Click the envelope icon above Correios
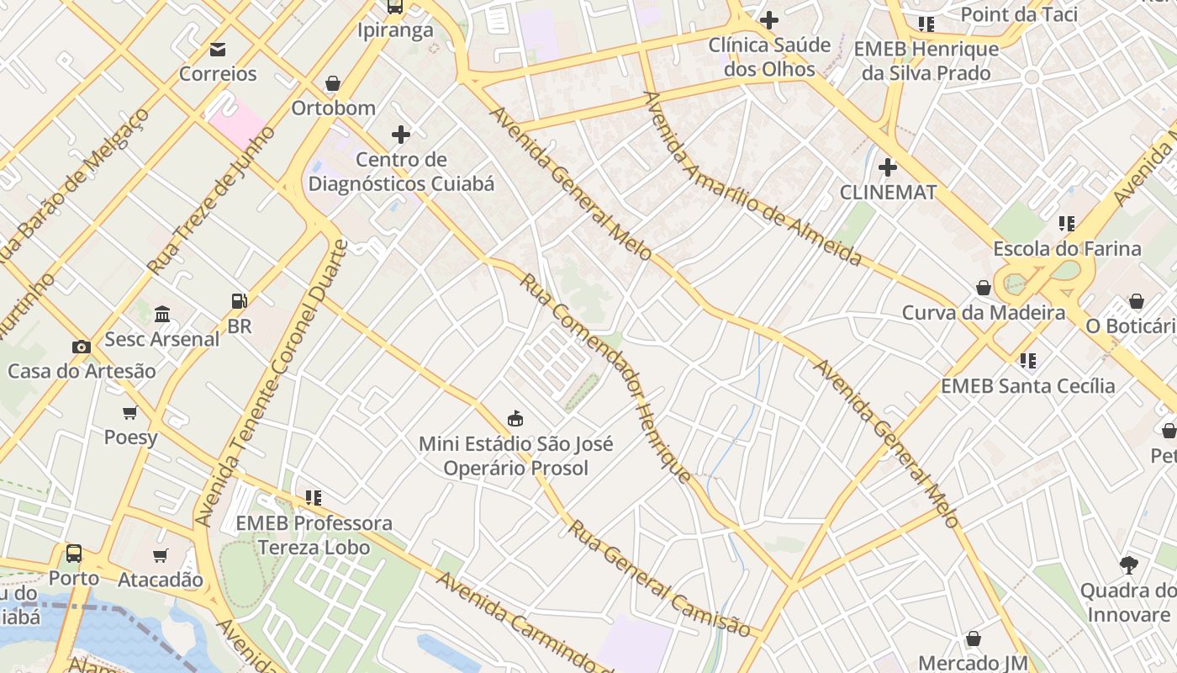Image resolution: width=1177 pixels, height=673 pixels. pyautogui.click(x=218, y=49)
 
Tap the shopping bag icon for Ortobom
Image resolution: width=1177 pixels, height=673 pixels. pyautogui.click(x=333, y=83)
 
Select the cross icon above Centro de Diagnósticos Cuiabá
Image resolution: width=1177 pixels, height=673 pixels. pyautogui.click(x=401, y=134)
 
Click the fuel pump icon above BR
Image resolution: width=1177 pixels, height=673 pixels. pyautogui.click(x=240, y=300)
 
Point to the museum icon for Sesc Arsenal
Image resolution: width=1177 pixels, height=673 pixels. pyautogui.click(x=162, y=314)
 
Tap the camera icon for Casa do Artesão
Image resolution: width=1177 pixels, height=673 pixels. pyautogui.click(x=82, y=346)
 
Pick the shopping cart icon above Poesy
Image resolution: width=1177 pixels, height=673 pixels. pyautogui.click(x=130, y=412)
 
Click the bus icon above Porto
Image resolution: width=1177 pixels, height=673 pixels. pyautogui.click(x=74, y=553)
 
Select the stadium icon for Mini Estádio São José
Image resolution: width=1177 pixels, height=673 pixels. pyautogui.click(x=515, y=418)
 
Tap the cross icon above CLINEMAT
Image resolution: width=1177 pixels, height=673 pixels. pyautogui.click(x=888, y=167)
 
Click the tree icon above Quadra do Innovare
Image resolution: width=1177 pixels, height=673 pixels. pyautogui.click(x=1128, y=564)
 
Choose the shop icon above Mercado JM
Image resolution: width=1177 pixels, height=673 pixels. pyautogui.click(x=974, y=639)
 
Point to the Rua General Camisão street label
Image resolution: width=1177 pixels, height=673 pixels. pyautogui.click(x=659, y=580)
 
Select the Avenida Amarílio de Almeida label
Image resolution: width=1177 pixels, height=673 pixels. pyautogui.click(x=752, y=179)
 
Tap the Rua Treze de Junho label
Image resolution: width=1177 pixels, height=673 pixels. pyautogui.click(x=211, y=200)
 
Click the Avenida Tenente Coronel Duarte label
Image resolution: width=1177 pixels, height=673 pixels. pyautogui.click(x=271, y=384)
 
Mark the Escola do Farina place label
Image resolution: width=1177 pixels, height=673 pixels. pyautogui.click(x=1067, y=249)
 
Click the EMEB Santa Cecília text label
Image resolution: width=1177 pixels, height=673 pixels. pyautogui.click(x=1027, y=386)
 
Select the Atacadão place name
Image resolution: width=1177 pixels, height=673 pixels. pyautogui.click(x=160, y=580)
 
